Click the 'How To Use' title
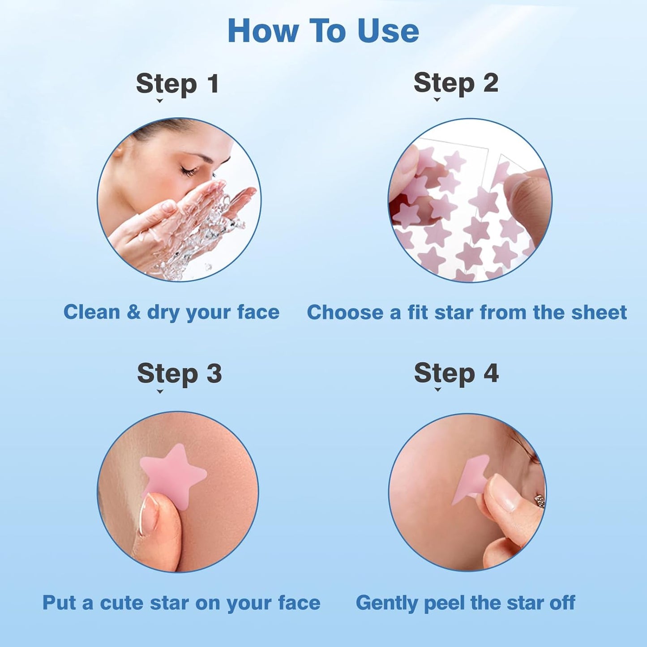(x=323, y=31)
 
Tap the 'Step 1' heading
(x=178, y=84)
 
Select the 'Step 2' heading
(x=456, y=83)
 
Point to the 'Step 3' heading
(x=179, y=373)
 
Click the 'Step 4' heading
(x=456, y=373)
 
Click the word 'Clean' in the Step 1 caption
(x=91, y=312)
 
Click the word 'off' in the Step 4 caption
(x=562, y=603)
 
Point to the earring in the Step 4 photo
(x=540, y=501)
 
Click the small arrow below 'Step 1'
(x=159, y=101)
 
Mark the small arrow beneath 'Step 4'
(x=438, y=390)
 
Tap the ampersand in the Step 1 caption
(x=133, y=312)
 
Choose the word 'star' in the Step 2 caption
(x=454, y=313)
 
